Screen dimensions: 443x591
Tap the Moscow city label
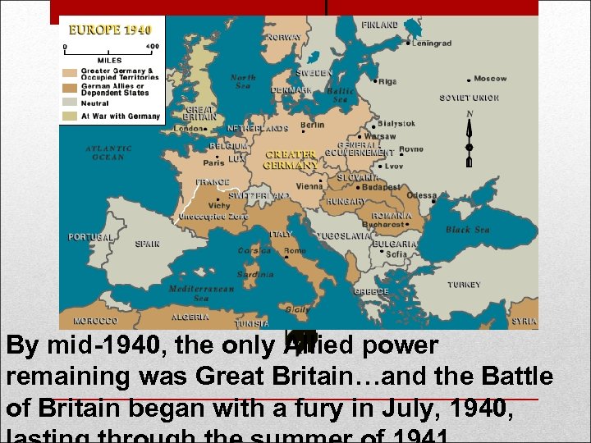point(490,79)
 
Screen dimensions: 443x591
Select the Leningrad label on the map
point(432,43)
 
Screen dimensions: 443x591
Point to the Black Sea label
point(468,230)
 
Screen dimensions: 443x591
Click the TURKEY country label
point(464,285)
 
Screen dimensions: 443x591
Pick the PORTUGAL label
point(90,238)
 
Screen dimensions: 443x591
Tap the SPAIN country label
point(148,244)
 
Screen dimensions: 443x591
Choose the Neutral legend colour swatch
point(71,103)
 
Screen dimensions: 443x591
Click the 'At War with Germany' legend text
point(120,116)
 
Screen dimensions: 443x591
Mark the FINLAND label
point(380,25)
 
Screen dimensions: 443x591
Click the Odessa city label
point(422,196)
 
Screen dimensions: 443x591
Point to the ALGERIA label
point(190,317)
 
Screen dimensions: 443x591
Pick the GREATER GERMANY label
point(291,159)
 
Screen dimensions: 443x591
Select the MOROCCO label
point(95,321)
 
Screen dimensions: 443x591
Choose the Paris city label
point(213,162)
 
